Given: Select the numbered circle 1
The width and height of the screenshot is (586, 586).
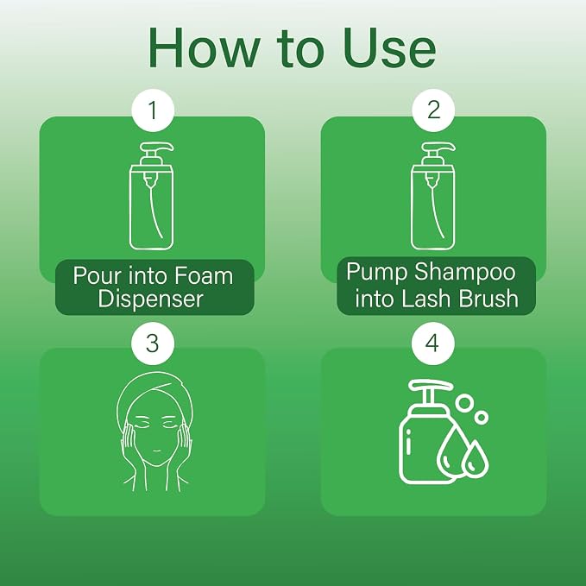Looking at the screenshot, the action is [153, 110].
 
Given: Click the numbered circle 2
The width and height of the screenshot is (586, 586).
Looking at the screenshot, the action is [433, 110].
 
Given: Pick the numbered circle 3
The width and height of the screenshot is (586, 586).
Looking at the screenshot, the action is [153, 343].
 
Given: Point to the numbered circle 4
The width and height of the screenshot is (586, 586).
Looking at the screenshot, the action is [433, 343].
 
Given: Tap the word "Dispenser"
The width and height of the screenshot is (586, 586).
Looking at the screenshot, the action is [150, 299].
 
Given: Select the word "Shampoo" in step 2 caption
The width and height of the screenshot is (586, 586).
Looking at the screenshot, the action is [465, 273].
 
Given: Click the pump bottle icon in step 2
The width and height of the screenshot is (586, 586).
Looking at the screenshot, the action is [433, 196].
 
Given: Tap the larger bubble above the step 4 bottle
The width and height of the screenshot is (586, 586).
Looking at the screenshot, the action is [464, 403].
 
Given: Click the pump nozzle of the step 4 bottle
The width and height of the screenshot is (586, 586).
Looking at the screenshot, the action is [431, 386].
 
